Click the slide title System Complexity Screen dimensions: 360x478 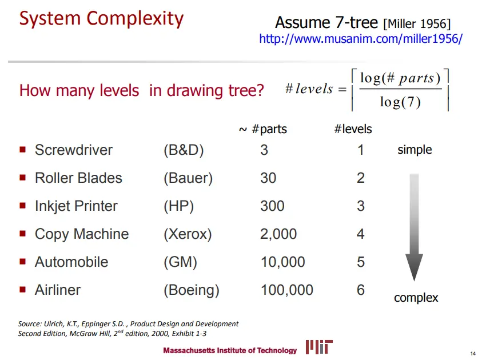101,19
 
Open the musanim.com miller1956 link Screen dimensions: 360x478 360,39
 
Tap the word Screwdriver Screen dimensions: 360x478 74,150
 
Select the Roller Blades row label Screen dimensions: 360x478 78,178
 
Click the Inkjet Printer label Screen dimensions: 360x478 76,206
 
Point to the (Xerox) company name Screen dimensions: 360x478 188,234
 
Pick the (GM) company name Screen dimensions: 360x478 180,262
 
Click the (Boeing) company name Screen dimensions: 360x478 192,290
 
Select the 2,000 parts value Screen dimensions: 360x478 278,234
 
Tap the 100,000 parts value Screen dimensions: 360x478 286,290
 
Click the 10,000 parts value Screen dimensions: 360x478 282,262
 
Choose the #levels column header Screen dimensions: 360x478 353,129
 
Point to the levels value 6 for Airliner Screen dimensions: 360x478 361,290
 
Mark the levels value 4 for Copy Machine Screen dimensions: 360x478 361,234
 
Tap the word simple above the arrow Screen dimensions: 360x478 415,150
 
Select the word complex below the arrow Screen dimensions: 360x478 416,298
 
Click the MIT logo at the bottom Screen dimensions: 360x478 319,347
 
